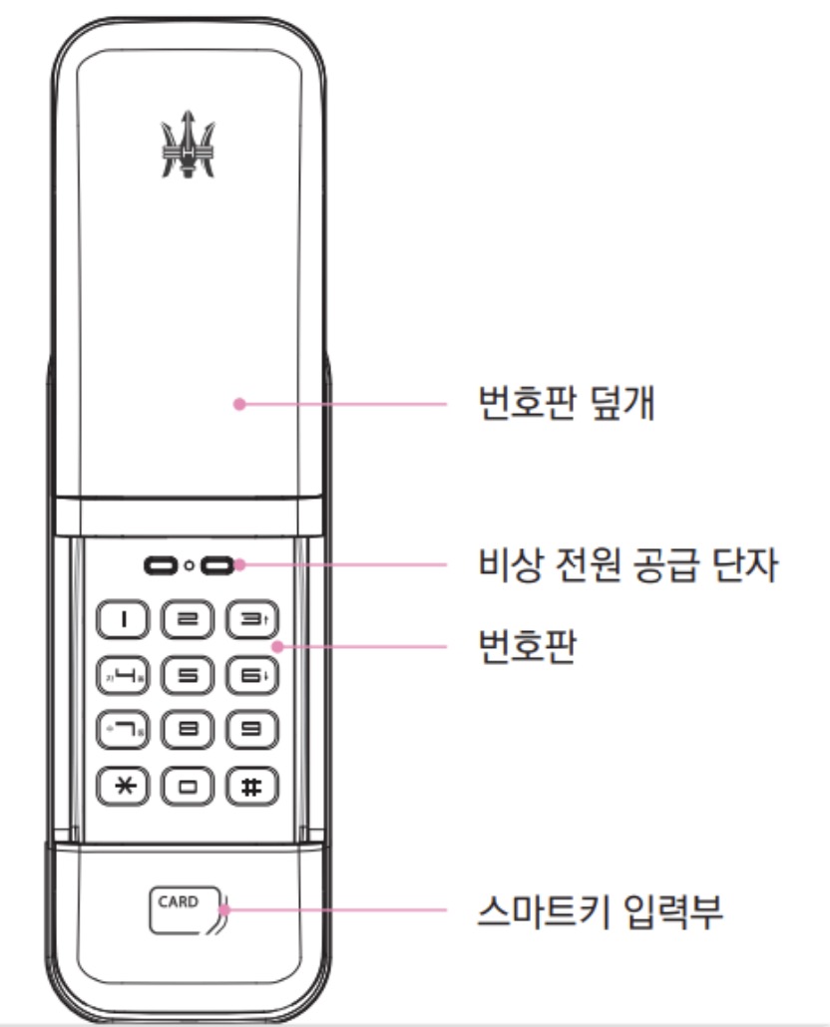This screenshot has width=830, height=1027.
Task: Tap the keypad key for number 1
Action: tap(124, 620)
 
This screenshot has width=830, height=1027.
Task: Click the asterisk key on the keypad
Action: tap(124, 786)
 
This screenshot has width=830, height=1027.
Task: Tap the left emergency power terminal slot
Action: tap(160, 566)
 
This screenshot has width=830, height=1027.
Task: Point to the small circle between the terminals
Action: tap(189, 566)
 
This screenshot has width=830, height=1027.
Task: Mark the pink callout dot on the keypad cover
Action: tap(238, 405)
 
